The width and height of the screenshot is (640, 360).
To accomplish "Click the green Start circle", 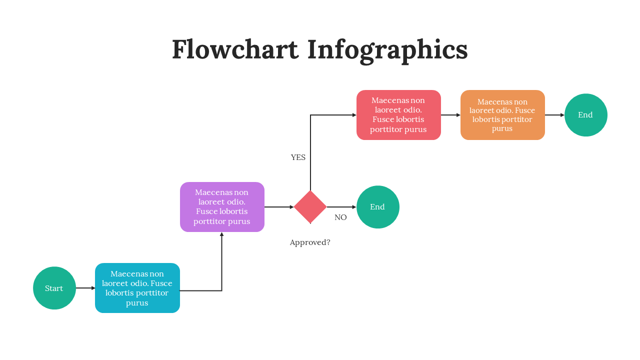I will (x=54, y=288).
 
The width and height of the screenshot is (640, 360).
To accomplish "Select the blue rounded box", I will (x=137, y=288).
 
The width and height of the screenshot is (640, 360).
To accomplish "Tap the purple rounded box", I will (x=222, y=207).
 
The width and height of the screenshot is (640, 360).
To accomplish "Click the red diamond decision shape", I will (x=310, y=207).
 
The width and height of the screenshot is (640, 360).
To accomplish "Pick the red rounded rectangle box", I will (x=398, y=115).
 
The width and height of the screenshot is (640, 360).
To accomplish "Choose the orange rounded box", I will (x=502, y=115).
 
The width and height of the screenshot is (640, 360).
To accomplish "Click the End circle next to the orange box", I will (x=585, y=115).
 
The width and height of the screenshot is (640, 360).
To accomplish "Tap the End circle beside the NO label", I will (x=377, y=207).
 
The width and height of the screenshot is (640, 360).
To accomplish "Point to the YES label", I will (x=298, y=157).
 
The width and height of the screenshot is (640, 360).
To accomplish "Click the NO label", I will (x=340, y=217).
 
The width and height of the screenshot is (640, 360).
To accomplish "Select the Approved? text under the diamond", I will (x=310, y=242).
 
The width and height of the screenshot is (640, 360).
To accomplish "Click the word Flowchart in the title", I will (x=235, y=50).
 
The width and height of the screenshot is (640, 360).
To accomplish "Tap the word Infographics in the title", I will (x=387, y=50).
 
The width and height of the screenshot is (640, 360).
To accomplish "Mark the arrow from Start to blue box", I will (x=85, y=288).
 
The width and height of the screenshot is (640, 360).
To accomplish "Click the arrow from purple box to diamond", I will (x=278, y=207).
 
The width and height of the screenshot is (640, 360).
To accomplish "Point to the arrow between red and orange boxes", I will (x=450, y=115).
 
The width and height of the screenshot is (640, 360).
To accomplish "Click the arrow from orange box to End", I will (x=554, y=115).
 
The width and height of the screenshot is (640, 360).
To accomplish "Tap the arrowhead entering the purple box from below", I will (x=221, y=234).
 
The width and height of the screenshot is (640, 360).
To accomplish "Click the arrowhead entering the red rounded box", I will (x=354, y=115).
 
